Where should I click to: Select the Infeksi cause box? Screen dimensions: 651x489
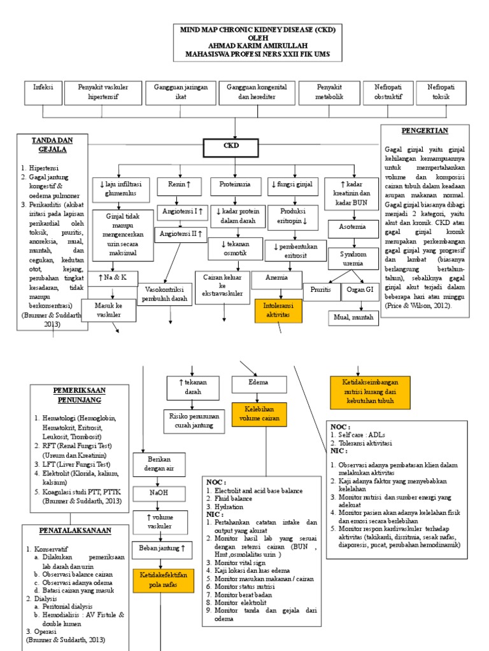coord(43,92)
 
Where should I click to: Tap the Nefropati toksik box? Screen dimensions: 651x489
coord(437,92)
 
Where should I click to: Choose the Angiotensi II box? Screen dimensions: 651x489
coord(183,234)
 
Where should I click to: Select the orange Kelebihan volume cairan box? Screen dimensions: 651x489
coord(259,415)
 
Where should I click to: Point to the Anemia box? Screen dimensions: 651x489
coord(277,278)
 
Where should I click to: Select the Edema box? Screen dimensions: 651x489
coord(259,383)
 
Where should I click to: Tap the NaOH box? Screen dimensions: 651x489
coord(159,493)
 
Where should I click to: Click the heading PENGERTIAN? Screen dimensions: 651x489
coord(425,131)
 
